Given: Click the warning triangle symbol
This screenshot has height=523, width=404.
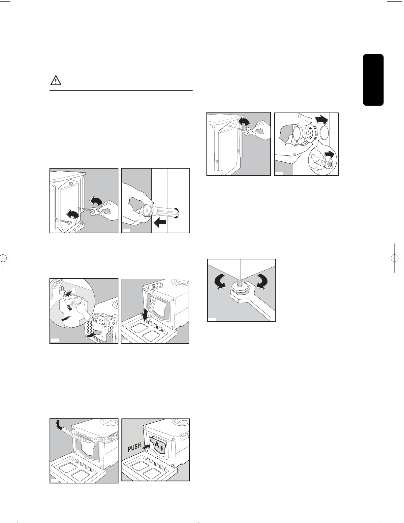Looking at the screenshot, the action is [56, 81].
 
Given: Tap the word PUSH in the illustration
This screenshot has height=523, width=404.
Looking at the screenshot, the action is [134, 447].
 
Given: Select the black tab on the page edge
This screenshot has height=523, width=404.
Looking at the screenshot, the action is [373, 80].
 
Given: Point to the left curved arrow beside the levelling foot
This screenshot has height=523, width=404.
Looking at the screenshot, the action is [220, 281].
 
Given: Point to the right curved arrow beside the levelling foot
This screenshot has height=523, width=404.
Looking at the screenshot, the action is [262, 281].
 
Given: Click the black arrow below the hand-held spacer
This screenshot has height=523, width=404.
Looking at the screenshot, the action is [160, 223].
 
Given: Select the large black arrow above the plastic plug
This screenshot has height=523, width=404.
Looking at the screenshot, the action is [321, 119].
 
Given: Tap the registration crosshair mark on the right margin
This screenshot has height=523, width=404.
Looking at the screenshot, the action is [395, 258].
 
